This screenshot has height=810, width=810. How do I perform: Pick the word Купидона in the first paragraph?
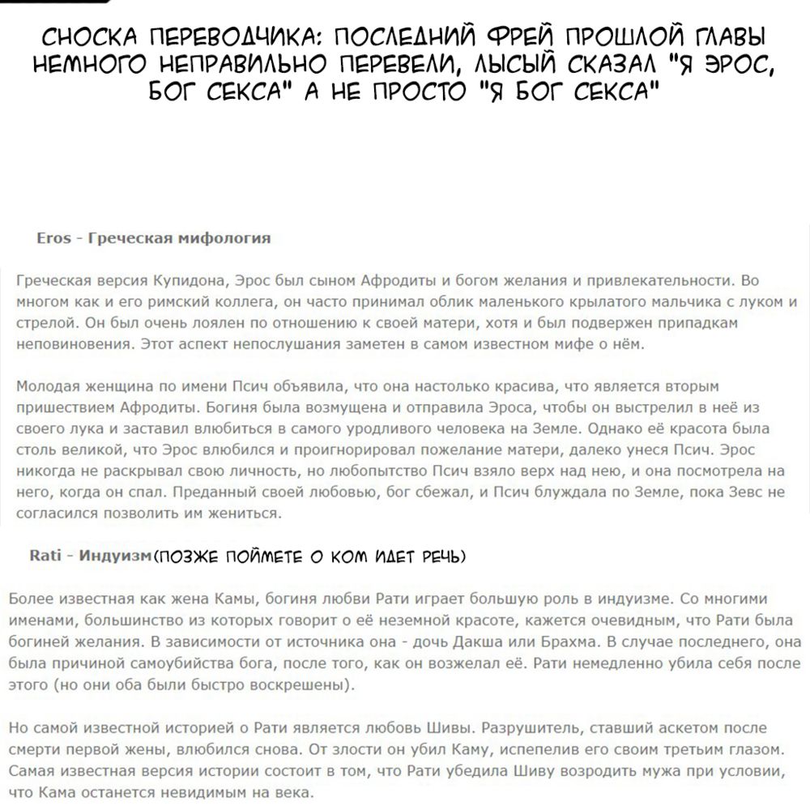(x=189, y=281)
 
